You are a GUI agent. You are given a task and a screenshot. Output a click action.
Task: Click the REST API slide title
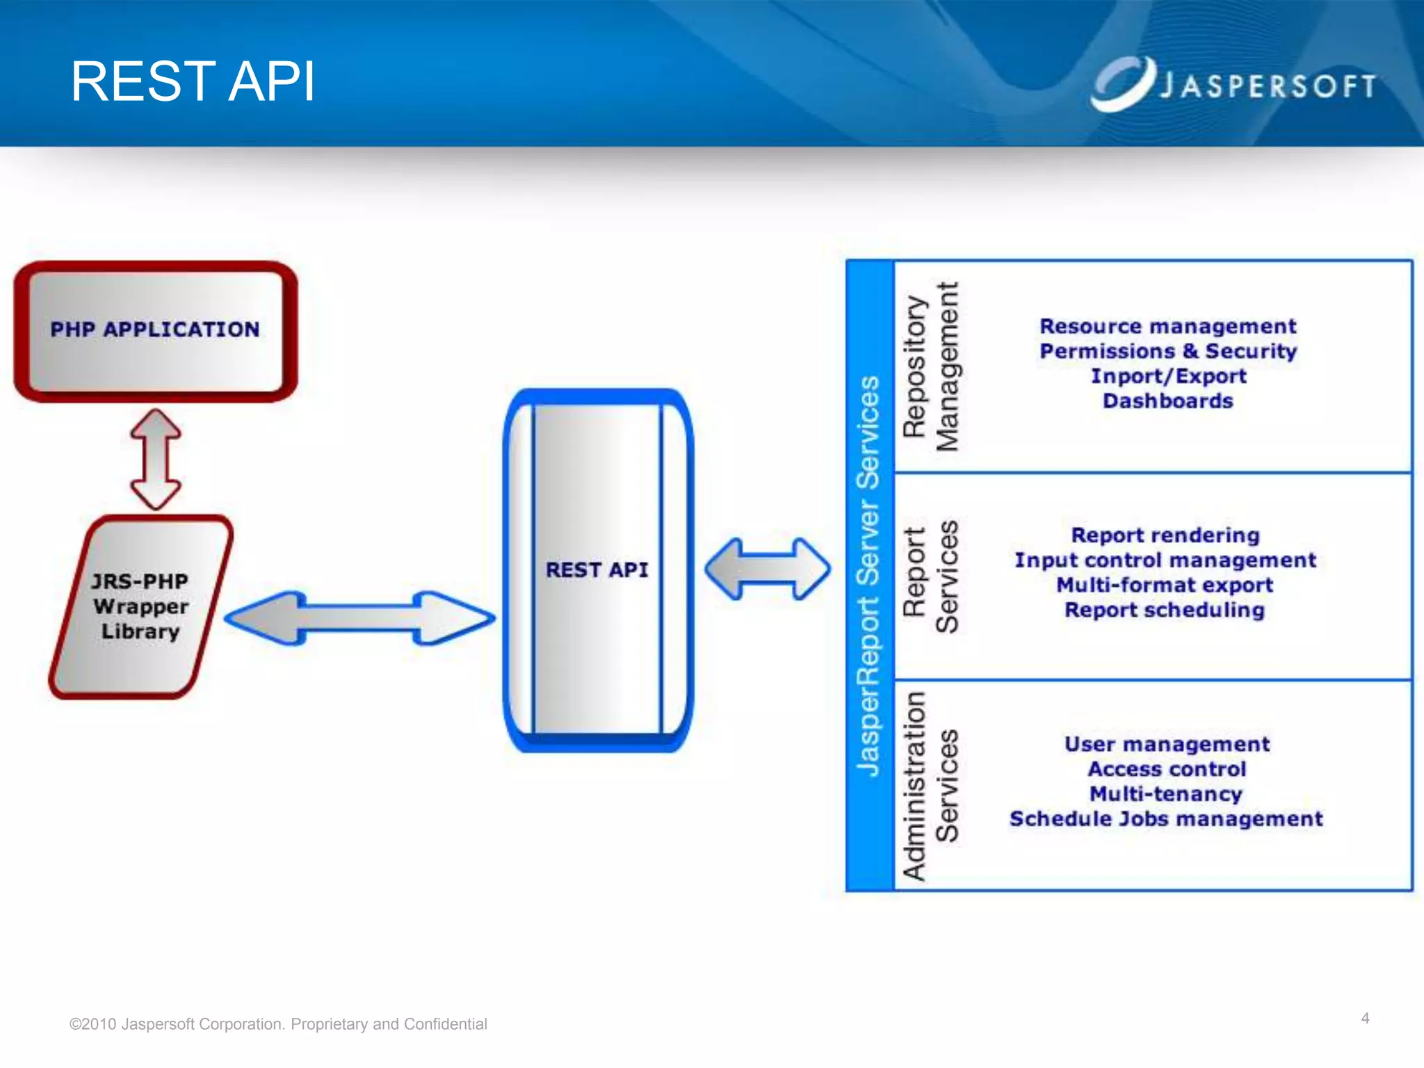[x=193, y=82]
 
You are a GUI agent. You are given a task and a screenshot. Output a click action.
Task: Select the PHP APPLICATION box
[x=156, y=331]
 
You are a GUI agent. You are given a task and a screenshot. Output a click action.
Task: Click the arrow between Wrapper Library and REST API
[x=359, y=618]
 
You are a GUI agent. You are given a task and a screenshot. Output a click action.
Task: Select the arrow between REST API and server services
[x=768, y=569]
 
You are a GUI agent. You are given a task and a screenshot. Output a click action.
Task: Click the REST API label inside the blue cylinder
[x=597, y=570]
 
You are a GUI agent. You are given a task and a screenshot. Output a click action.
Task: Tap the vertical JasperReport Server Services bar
[x=869, y=576]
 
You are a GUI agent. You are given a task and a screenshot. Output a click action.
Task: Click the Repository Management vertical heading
[x=930, y=367]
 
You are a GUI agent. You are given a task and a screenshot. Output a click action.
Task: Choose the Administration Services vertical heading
[x=930, y=786]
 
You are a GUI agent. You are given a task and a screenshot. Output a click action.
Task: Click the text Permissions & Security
[x=1168, y=352]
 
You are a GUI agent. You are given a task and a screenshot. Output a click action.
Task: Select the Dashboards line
[x=1168, y=401]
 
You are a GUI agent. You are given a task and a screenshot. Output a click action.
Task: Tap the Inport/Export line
[x=1168, y=376]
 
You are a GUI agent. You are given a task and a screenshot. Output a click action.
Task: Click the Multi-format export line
[x=1165, y=585]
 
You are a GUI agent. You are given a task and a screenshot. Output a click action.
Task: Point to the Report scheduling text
[x=1165, y=610]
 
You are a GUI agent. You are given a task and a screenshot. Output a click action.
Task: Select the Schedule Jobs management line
[x=1166, y=819]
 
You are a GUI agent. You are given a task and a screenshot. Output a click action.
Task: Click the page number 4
[x=1365, y=1019]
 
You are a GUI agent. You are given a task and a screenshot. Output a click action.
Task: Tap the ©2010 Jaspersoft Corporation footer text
[x=278, y=1024]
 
